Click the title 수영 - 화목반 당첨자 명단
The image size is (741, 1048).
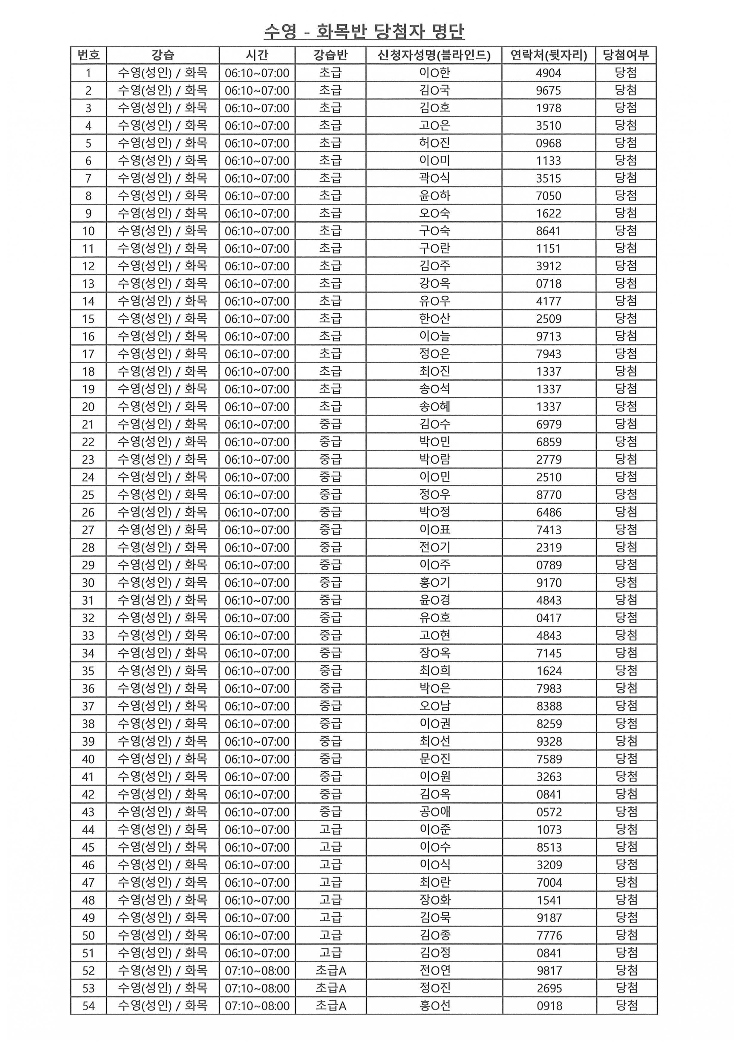(364, 31)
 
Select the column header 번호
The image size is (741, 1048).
(88, 55)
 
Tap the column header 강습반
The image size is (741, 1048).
(330, 55)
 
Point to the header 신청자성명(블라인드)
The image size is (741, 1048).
(434, 55)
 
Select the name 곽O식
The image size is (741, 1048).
(434, 178)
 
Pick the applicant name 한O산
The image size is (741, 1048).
(434, 318)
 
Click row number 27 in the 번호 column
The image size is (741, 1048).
(88, 530)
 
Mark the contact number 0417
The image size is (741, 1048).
(549, 618)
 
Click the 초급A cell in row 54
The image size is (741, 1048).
(330, 1006)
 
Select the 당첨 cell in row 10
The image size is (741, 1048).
(626, 231)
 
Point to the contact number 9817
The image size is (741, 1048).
(549, 970)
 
